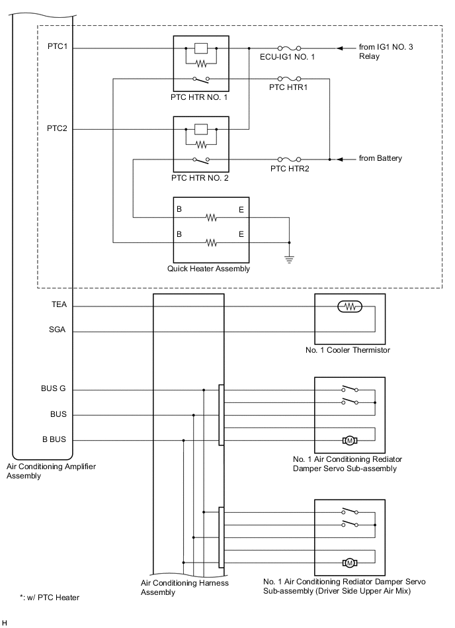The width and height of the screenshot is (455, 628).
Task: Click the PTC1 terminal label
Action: pos(57,48)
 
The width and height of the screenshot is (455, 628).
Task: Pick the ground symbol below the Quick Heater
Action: pos(289,259)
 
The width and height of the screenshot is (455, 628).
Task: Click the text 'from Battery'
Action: pos(380,159)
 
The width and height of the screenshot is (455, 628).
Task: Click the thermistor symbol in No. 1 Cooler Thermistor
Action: pos(349,306)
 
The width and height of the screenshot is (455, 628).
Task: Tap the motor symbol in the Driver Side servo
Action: pos(349,562)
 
